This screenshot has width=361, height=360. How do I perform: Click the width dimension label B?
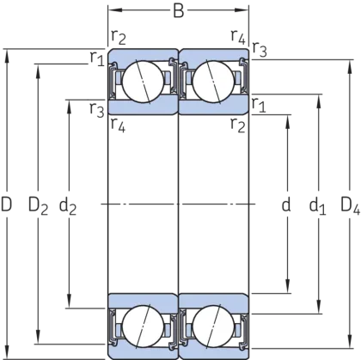click(x=179, y=11)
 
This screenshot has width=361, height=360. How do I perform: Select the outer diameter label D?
click(x=6, y=204)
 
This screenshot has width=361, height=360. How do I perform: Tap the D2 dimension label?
click(x=38, y=206)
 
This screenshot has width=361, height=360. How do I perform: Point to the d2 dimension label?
click(x=68, y=206)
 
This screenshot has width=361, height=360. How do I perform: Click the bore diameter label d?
click(x=286, y=204)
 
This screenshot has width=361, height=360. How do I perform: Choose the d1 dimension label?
click(x=317, y=206)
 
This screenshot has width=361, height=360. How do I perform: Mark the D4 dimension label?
click(x=350, y=206)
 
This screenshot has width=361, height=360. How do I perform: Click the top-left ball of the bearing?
click(x=143, y=82)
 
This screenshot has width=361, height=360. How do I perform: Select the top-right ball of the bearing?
click(x=213, y=82)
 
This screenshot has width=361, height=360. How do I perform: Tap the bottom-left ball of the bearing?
click(x=143, y=326)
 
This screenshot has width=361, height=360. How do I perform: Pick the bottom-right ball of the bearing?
click(x=213, y=326)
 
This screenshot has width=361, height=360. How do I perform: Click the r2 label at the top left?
click(x=118, y=36)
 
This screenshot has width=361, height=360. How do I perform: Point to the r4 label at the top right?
click(x=238, y=36)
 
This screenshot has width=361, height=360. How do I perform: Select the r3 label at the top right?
click(x=260, y=49)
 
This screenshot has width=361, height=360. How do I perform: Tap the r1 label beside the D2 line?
click(x=97, y=58)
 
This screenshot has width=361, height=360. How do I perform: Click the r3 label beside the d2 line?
click(x=97, y=110)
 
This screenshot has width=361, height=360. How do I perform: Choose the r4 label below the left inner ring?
click(x=118, y=125)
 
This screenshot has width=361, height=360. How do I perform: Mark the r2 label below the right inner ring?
click(x=238, y=125)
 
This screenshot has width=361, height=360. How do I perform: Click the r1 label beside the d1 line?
click(x=259, y=105)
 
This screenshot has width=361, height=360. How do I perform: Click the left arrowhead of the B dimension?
click(x=113, y=10)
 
